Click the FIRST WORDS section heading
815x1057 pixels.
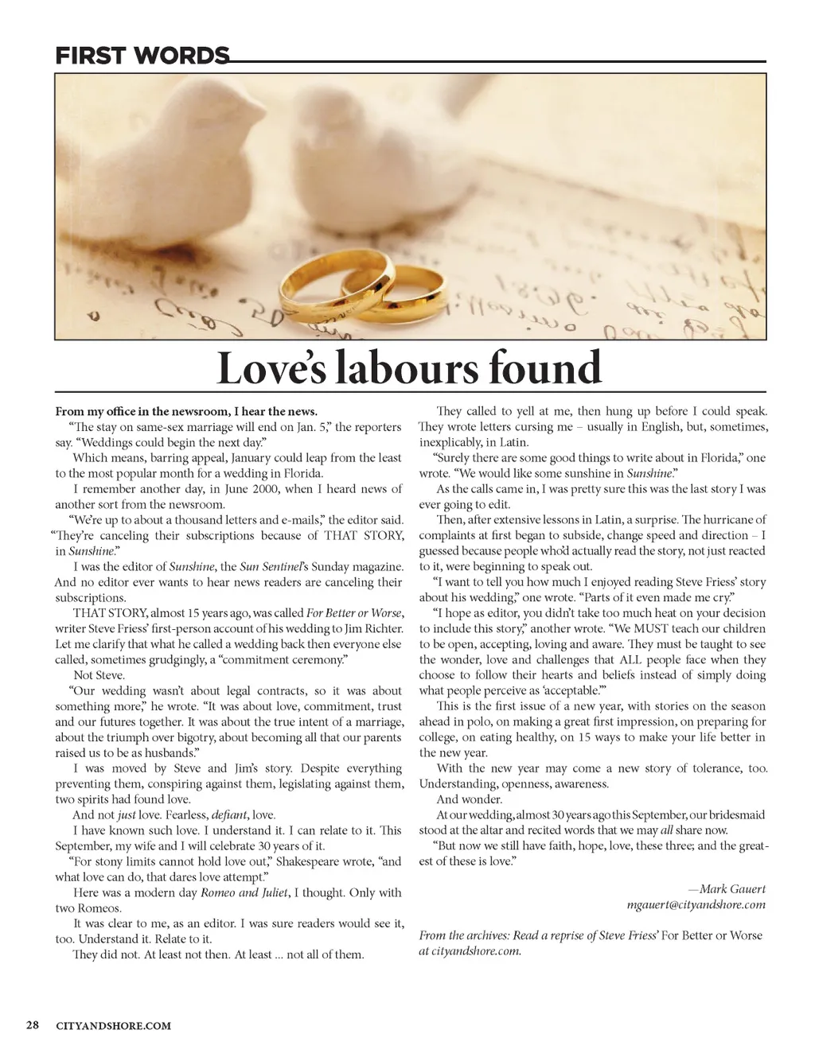point(141,56)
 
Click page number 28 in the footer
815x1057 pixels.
point(33,1024)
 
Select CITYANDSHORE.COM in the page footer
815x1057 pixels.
point(114,1025)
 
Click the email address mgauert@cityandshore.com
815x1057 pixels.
point(696,904)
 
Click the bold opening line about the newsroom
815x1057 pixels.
point(186,411)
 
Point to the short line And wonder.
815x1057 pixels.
point(469,799)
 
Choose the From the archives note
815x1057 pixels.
point(590,942)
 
